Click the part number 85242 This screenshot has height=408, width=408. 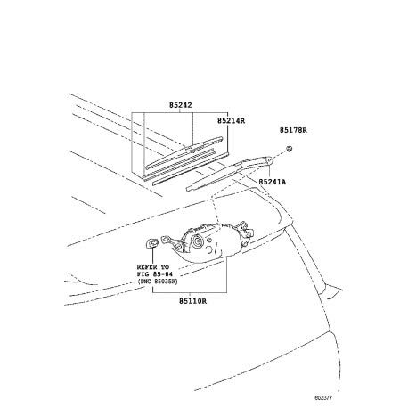pyautogui.click(x=181, y=105)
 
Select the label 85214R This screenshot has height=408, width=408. pyautogui.click(x=232, y=120)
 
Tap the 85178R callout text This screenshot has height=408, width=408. pyautogui.click(x=293, y=130)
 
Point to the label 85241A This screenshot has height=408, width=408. pyautogui.click(x=273, y=182)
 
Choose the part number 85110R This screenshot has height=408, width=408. pyautogui.click(x=192, y=301)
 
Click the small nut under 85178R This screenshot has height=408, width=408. pyautogui.click(x=290, y=148)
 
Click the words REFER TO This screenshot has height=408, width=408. pyautogui.click(x=152, y=267)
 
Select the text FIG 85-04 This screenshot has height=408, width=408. pyautogui.click(x=155, y=274)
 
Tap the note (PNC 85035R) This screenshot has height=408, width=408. pyautogui.click(x=158, y=282)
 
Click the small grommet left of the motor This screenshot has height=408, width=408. pyautogui.click(x=151, y=243)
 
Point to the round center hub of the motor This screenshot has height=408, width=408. pyautogui.click(x=197, y=241)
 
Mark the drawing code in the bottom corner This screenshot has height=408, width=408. pyautogui.click(x=323, y=397)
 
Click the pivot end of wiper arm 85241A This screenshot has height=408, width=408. pyautogui.click(x=269, y=160)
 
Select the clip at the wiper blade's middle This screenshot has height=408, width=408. pyautogui.click(x=189, y=148)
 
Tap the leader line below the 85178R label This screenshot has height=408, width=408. pyautogui.click(x=290, y=140)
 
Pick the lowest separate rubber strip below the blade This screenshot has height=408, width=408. pyautogui.click(x=191, y=168)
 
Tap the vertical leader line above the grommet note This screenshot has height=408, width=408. pyautogui.click(x=152, y=255)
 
